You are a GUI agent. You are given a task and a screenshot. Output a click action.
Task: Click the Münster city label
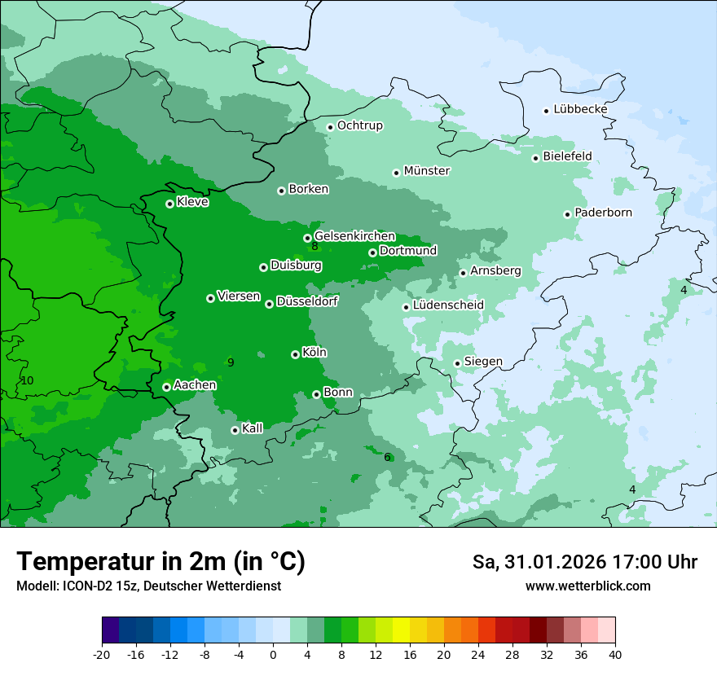pos(426,171)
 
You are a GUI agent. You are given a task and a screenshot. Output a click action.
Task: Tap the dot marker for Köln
pos(295,354)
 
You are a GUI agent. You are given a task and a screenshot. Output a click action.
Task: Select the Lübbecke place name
pos(580,109)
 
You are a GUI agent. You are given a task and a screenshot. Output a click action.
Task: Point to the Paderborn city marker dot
pos(567,214)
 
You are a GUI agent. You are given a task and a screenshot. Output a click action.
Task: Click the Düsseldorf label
pos(306,302)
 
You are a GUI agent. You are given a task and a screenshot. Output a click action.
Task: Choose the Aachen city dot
pos(166,387)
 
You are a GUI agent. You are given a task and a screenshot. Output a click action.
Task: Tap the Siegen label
pos(483,362)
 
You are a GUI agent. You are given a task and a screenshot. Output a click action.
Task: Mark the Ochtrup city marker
pos(330,126)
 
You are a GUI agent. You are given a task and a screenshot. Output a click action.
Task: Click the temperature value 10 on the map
pos(28,380)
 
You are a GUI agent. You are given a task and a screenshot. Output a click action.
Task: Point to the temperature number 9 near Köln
pos(231,362)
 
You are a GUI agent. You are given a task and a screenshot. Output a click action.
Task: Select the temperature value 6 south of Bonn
pos(387,457)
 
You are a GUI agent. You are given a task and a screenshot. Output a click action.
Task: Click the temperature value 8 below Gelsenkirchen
pos(315,247)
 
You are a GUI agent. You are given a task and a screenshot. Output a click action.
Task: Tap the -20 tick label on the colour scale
pos(102,654)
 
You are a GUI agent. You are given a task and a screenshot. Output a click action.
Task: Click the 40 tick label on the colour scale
pos(615,654)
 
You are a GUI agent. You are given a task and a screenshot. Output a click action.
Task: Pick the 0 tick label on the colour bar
pos(273,654)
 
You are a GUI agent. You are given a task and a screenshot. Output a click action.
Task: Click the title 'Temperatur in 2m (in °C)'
pos(161,562)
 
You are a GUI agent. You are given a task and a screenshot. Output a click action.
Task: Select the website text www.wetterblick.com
pos(587,586)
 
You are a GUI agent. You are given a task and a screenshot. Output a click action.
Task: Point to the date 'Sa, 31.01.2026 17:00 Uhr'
pos(584,562)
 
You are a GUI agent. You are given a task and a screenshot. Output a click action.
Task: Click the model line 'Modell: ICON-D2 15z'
pos(148,586)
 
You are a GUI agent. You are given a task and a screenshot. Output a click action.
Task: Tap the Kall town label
pos(253,428)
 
